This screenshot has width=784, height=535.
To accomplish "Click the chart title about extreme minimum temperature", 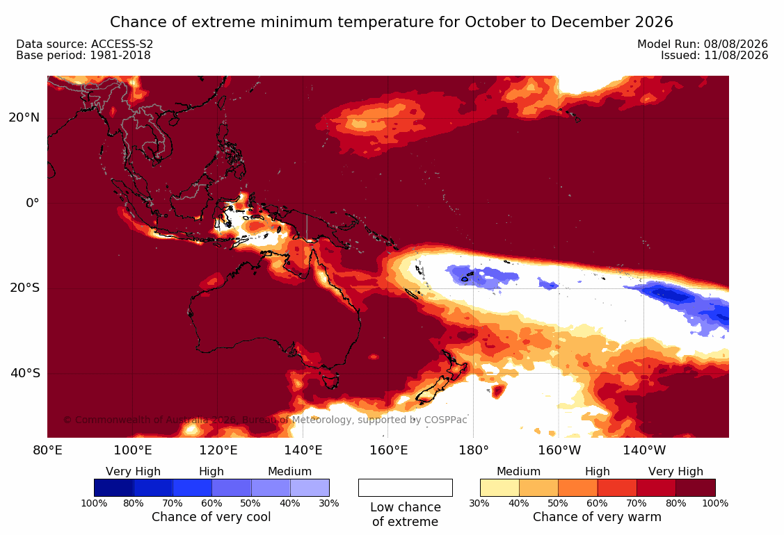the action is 392,22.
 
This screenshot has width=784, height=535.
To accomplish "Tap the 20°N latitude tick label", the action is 24,117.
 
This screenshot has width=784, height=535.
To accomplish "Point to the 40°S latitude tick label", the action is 25,373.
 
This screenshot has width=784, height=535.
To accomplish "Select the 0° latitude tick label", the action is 33,203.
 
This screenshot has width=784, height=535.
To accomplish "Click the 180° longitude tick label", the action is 474,450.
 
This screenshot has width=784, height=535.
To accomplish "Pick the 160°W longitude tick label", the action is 559,450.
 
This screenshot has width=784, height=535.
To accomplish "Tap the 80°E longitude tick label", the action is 47,450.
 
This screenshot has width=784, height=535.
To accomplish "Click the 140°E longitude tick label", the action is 303,450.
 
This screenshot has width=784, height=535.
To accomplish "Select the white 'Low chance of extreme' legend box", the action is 406,488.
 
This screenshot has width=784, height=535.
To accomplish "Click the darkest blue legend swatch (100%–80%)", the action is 113,488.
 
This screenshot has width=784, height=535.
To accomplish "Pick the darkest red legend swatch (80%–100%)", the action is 696,488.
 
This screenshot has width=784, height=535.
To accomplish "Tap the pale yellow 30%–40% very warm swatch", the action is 499,488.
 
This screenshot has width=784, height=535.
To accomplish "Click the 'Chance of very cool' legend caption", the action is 211,517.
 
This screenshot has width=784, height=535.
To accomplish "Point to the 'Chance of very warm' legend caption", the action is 597,517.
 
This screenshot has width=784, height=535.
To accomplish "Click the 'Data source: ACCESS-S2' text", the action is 84,44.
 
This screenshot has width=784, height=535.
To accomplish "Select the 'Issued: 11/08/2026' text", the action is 714,56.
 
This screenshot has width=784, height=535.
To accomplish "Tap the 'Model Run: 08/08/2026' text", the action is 703,44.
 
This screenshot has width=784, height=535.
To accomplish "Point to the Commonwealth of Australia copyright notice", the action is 265,420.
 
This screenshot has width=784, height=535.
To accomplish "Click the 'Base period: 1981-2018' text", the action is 83,56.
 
